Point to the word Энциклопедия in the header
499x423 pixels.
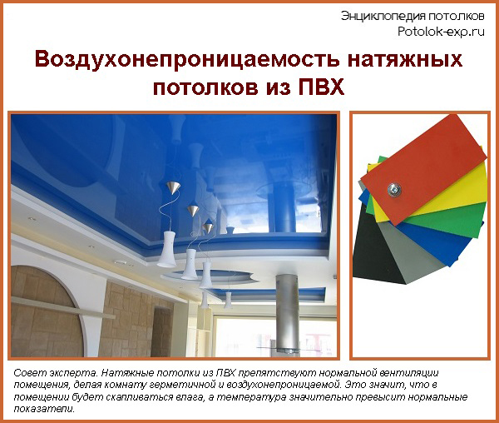(x=377, y=16)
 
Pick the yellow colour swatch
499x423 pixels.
(x=466, y=197)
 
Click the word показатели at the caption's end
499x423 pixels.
(x=42, y=410)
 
